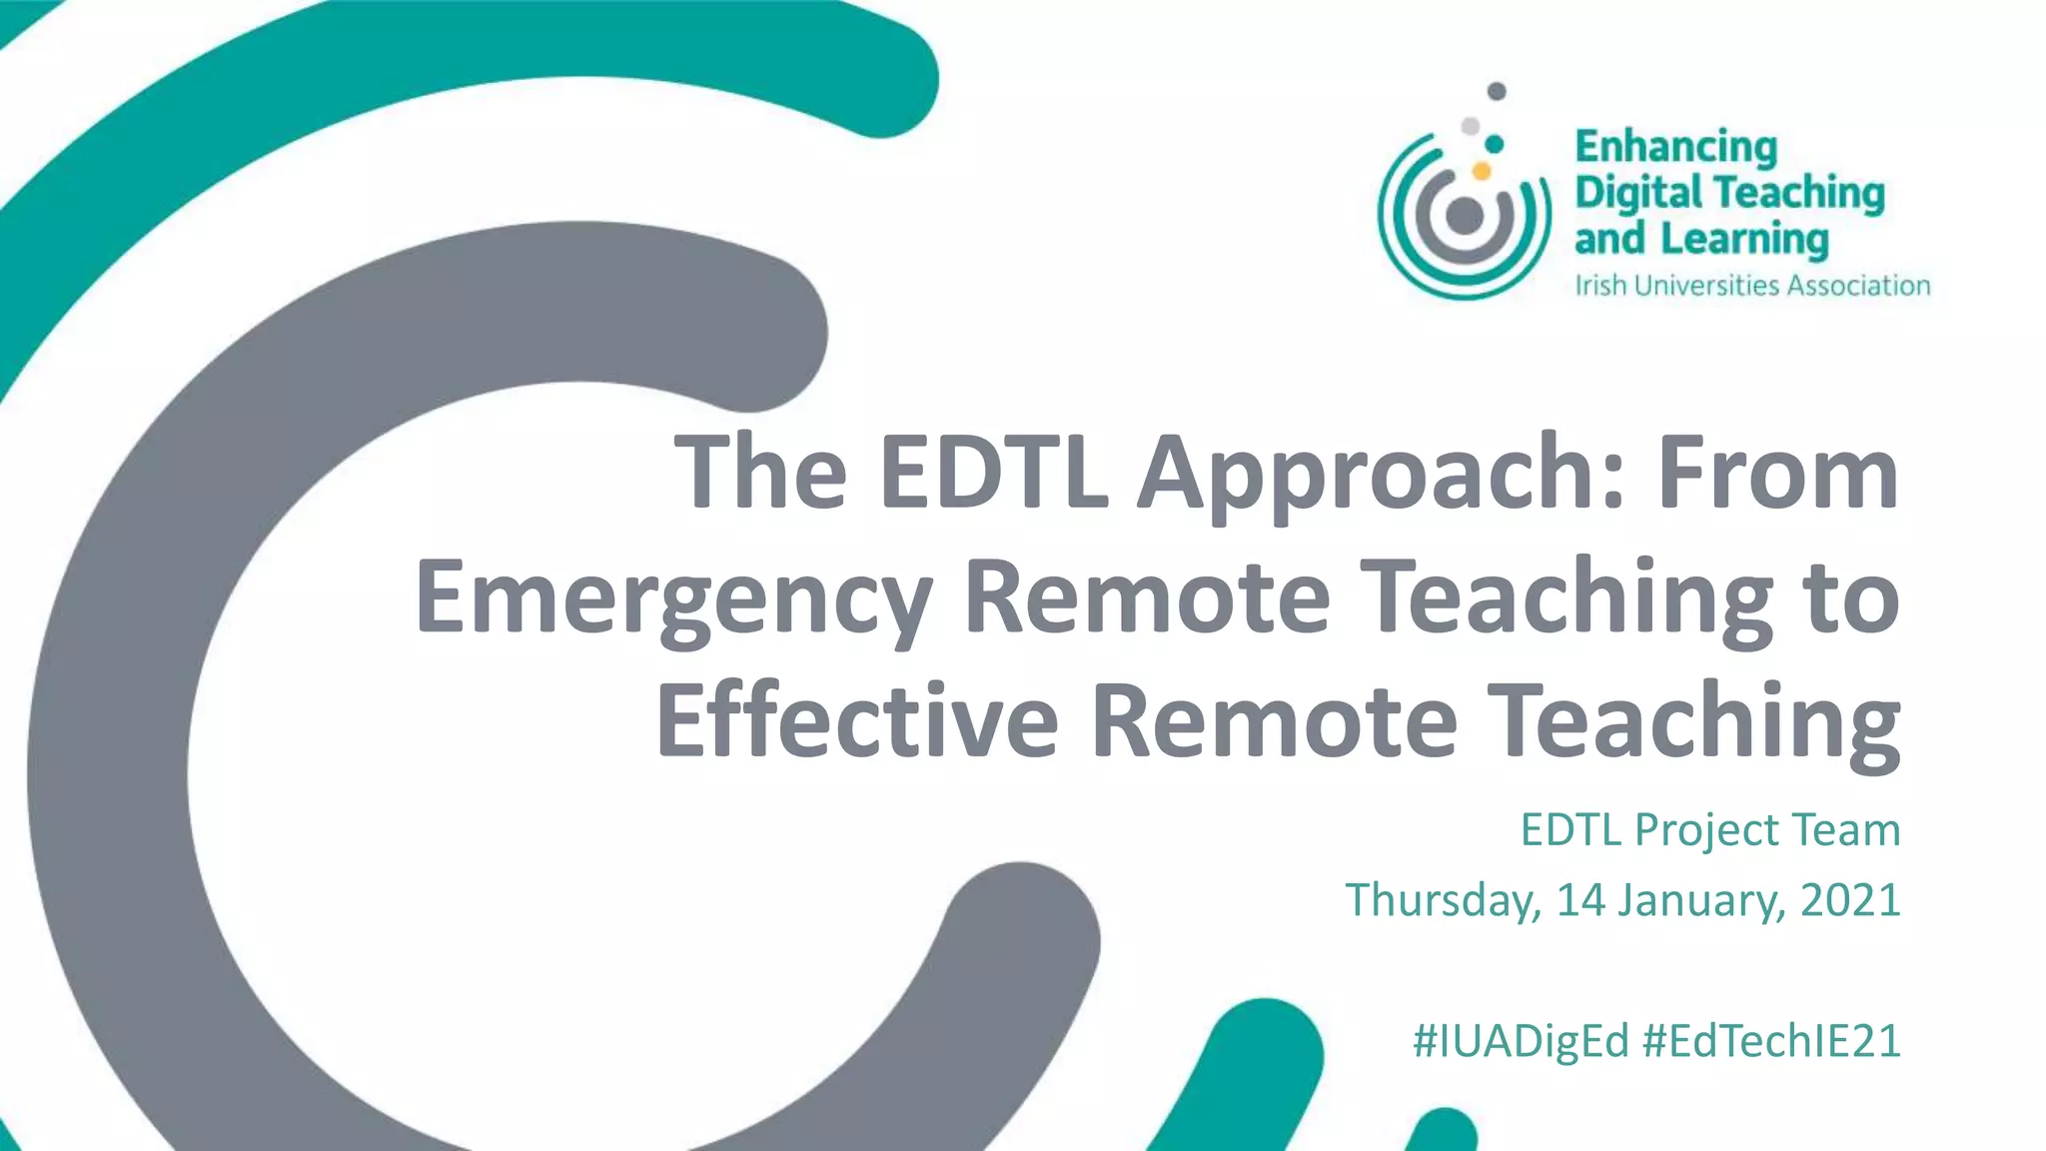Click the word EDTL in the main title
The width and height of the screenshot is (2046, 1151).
click(x=993, y=472)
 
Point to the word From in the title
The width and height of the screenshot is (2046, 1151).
click(x=1777, y=472)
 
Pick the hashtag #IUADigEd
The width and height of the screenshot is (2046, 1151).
click(x=1521, y=1041)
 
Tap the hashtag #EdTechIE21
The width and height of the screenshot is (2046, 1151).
click(x=1771, y=1041)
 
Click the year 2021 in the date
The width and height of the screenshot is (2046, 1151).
click(x=1850, y=899)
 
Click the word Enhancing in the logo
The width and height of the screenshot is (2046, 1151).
click(x=1676, y=148)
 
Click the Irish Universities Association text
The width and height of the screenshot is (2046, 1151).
click(x=1752, y=286)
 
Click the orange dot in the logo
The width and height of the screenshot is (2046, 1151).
click(x=1482, y=171)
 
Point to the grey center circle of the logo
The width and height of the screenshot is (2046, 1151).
click(x=1465, y=215)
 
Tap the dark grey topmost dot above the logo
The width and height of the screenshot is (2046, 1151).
click(x=1497, y=92)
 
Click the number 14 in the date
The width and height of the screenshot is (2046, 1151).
click(x=1580, y=899)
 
